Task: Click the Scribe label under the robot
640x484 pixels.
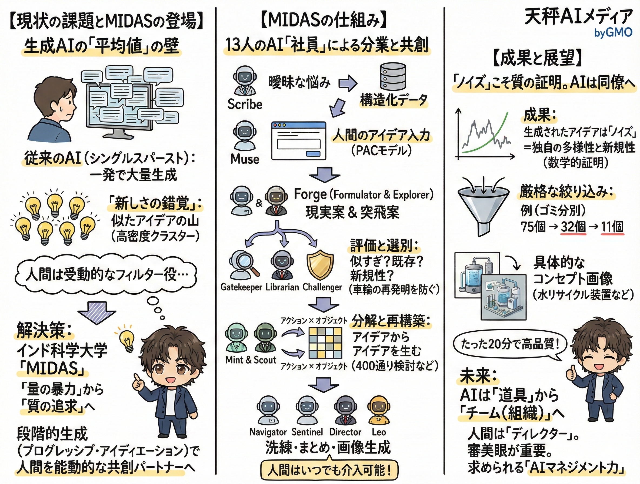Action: click(x=245, y=104)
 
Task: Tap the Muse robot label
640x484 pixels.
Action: click(x=245, y=159)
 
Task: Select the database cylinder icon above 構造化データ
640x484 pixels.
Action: click(x=393, y=76)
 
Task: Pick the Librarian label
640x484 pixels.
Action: click(x=282, y=287)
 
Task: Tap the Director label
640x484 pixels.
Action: click(x=345, y=432)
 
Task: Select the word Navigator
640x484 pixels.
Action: click(x=268, y=432)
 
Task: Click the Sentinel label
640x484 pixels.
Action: click(x=307, y=432)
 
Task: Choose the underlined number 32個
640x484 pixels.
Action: click(x=573, y=227)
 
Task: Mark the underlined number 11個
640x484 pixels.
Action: click(x=612, y=227)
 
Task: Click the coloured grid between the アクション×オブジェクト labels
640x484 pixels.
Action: click(x=325, y=343)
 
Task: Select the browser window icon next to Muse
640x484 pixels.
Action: click(x=299, y=141)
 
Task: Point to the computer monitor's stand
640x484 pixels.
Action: click(x=119, y=134)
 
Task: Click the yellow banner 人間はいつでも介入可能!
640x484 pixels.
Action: click(x=329, y=470)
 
